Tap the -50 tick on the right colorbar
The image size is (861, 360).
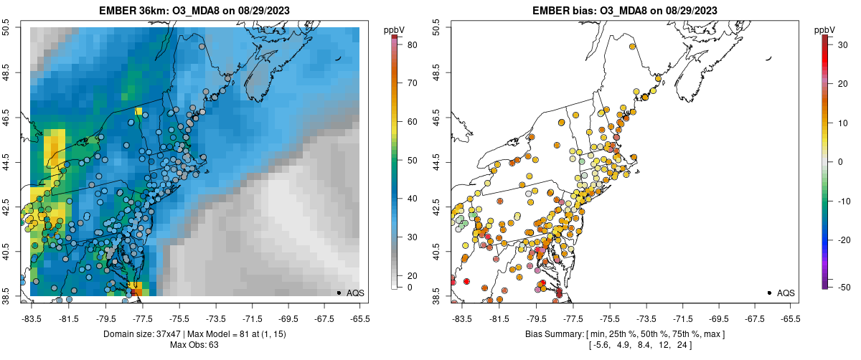click(x=839, y=287)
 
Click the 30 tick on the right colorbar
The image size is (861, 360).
click(x=839, y=44)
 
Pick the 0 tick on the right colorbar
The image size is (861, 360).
click(x=839, y=161)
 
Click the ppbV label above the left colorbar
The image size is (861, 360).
click(x=394, y=29)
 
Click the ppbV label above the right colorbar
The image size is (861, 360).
click(x=824, y=29)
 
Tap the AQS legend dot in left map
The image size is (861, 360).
click(x=339, y=293)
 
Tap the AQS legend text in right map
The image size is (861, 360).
click(x=786, y=293)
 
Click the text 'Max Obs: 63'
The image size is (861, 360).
click(x=194, y=345)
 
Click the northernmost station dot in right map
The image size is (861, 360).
click(x=632, y=47)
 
